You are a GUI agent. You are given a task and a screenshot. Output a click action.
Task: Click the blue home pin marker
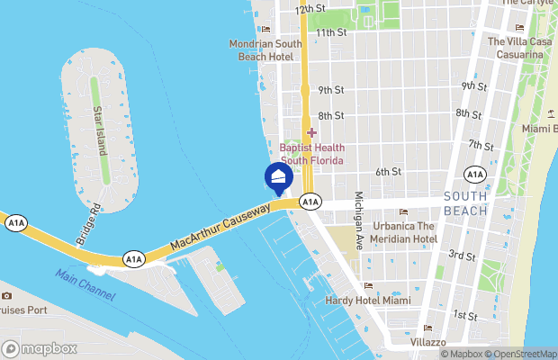pos(278,177)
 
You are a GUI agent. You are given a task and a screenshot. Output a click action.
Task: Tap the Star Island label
pos(99,130)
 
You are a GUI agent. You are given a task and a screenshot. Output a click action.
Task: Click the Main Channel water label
pos(84,283)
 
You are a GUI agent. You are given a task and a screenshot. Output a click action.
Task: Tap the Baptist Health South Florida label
pos(311,153)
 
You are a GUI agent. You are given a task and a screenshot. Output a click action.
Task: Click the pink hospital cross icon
pos(311,133)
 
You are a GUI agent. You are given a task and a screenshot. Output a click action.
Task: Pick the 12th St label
pos(310,8)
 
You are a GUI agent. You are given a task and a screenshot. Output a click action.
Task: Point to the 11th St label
pos(331,32)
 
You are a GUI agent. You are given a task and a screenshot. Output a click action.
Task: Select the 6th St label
pos(388,171)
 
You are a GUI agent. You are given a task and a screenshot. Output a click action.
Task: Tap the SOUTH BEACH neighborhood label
pos(465,203)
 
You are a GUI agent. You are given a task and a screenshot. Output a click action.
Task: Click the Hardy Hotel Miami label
pos(361,300)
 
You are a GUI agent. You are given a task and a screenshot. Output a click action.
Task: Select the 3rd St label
pos(462,256)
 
